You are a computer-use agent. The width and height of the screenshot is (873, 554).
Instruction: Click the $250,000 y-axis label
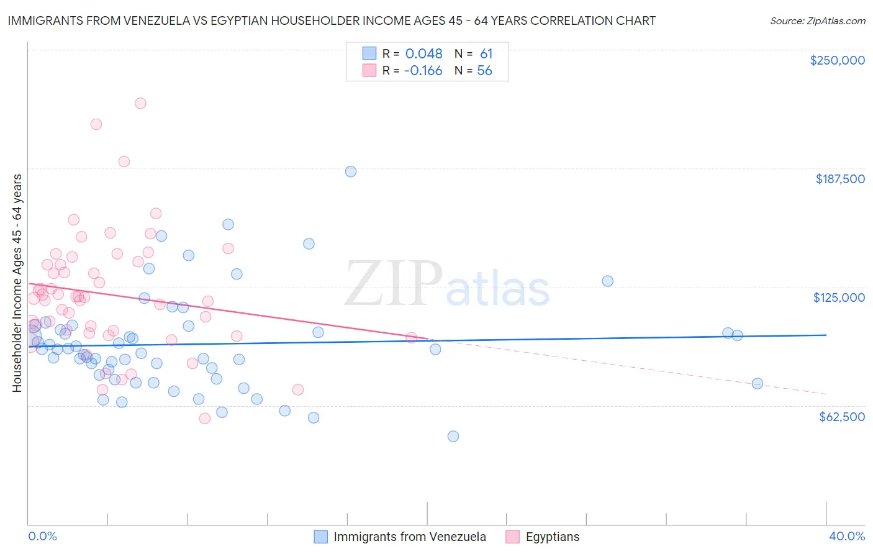tap(837, 60)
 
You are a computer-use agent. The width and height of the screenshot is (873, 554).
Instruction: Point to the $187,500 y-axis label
tap(839, 179)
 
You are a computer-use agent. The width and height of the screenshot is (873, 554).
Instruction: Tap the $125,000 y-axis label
tap(839, 297)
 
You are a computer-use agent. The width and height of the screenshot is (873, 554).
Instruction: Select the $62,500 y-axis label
tap(841, 417)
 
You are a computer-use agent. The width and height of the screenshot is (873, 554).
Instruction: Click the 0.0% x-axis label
tap(43, 536)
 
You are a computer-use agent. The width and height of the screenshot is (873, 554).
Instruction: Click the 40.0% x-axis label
tap(846, 536)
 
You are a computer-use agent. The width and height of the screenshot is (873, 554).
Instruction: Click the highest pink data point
tap(140, 103)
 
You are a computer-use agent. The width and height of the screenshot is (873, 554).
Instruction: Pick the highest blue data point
tap(351, 171)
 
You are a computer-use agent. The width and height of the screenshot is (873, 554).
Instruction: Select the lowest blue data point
tap(453, 436)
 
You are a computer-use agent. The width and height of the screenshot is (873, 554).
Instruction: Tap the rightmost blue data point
tap(758, 383)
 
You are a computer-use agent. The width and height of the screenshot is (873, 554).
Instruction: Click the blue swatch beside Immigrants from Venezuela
tap(320, 537)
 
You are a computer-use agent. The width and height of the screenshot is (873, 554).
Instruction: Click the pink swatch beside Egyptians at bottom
tap(512, 537)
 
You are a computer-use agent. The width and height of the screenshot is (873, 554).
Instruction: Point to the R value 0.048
tap(423, 54)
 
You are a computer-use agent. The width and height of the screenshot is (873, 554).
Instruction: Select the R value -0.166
tap(423, 71)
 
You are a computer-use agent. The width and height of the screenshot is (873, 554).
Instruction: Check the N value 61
tap(486, 54)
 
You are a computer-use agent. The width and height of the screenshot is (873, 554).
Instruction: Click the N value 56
tap(484, 71)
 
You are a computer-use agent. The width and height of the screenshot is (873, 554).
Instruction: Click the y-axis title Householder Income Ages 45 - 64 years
tap(17, 283)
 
